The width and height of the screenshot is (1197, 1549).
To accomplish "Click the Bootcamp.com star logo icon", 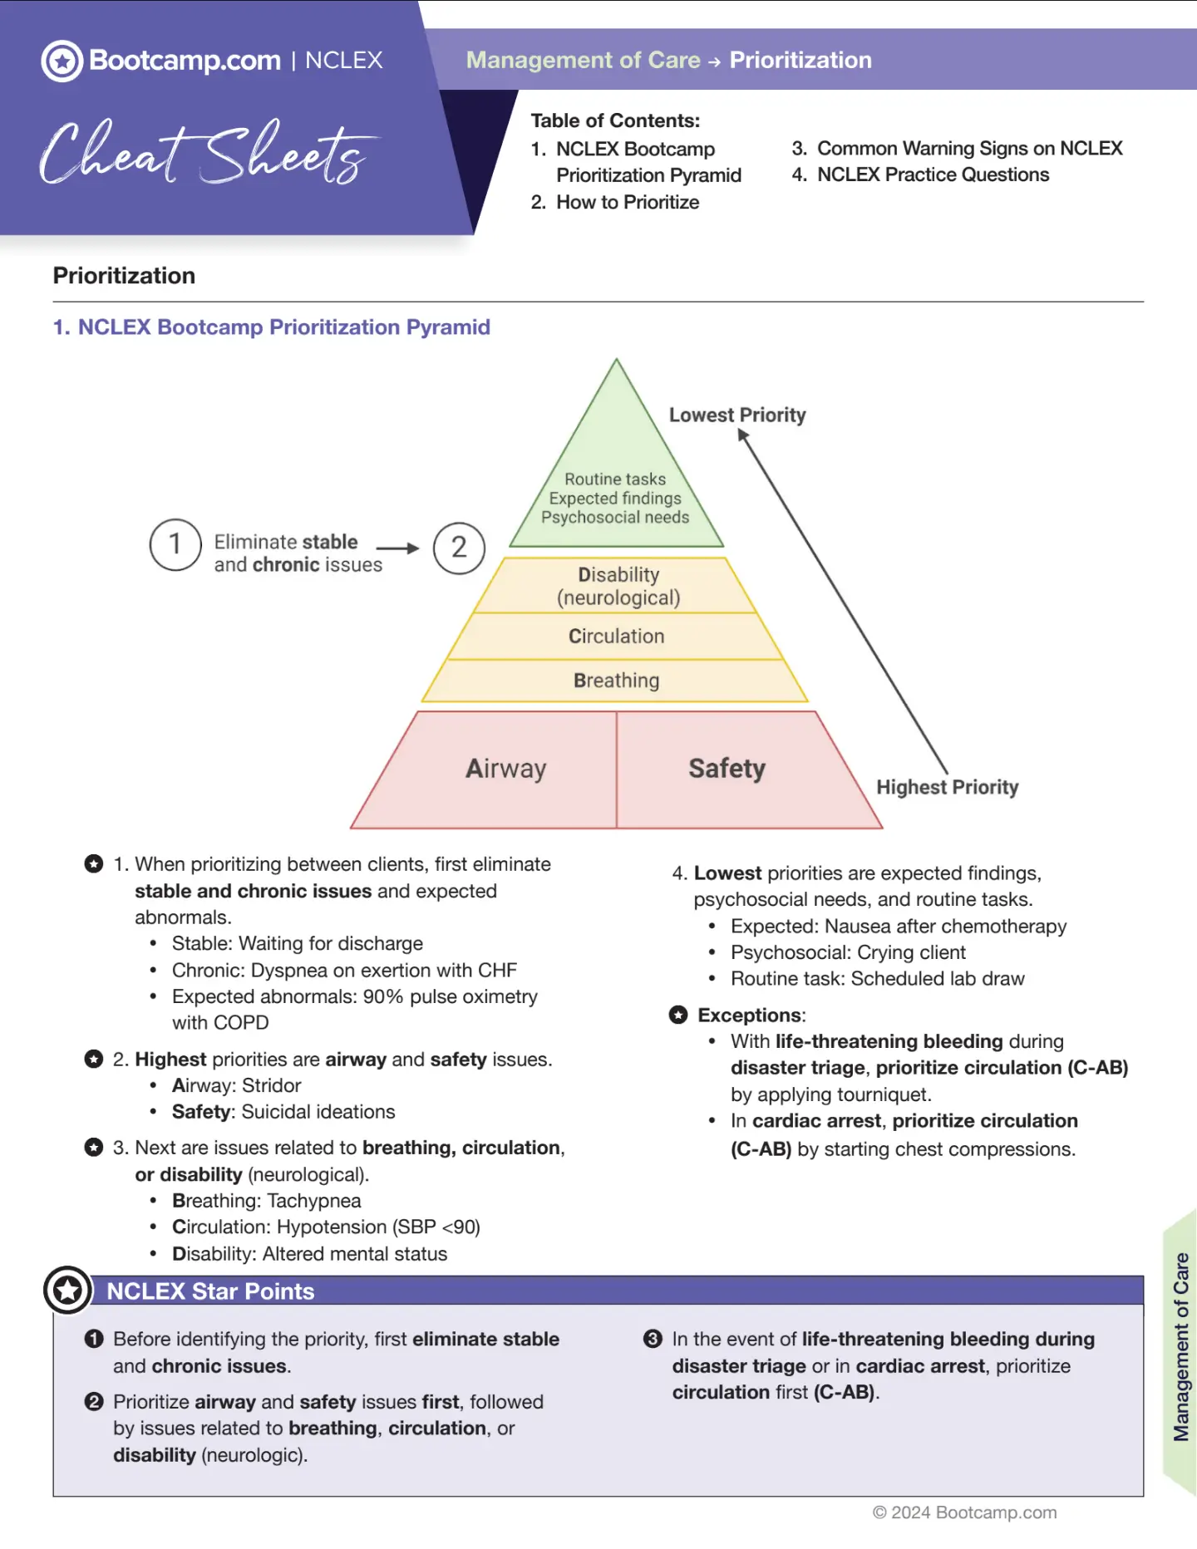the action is pos(62,61).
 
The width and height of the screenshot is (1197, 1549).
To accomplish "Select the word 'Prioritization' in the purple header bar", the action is pos(800,60).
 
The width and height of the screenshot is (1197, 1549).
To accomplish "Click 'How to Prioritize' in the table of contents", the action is pos(627,202).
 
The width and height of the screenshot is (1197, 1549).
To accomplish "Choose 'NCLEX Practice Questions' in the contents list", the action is pos(932,175).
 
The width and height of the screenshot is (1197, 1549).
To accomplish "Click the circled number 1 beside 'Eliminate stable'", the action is pos(175,544).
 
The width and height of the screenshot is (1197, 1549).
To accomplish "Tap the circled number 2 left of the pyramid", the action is pos(459,548).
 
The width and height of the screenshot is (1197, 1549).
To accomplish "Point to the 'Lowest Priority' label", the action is pos(737,415).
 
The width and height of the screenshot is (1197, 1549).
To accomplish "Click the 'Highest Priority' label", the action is pos(947,787).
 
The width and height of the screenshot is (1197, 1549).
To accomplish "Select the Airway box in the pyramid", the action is pos(505,769).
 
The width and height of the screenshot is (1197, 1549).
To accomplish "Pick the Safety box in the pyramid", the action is pos(727,769).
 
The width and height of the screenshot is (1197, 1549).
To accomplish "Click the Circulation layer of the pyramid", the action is pos(616,637).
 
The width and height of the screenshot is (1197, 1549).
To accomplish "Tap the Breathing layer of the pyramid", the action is pos(616,681).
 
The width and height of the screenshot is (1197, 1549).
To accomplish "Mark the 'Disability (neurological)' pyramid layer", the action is pos(618,586).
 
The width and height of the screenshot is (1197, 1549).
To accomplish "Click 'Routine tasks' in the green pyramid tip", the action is pos(615,479).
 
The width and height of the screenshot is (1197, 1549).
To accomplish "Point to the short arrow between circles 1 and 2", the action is pos(397,548).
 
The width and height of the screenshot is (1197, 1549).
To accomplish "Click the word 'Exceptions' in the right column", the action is pos(751,1015).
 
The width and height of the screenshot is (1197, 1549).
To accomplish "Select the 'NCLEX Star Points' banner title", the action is pos(210,1291).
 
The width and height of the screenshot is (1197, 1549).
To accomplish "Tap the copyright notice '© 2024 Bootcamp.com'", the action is pos(964,1512).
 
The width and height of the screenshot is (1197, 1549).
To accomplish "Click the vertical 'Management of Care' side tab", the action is pos(1180,1346).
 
